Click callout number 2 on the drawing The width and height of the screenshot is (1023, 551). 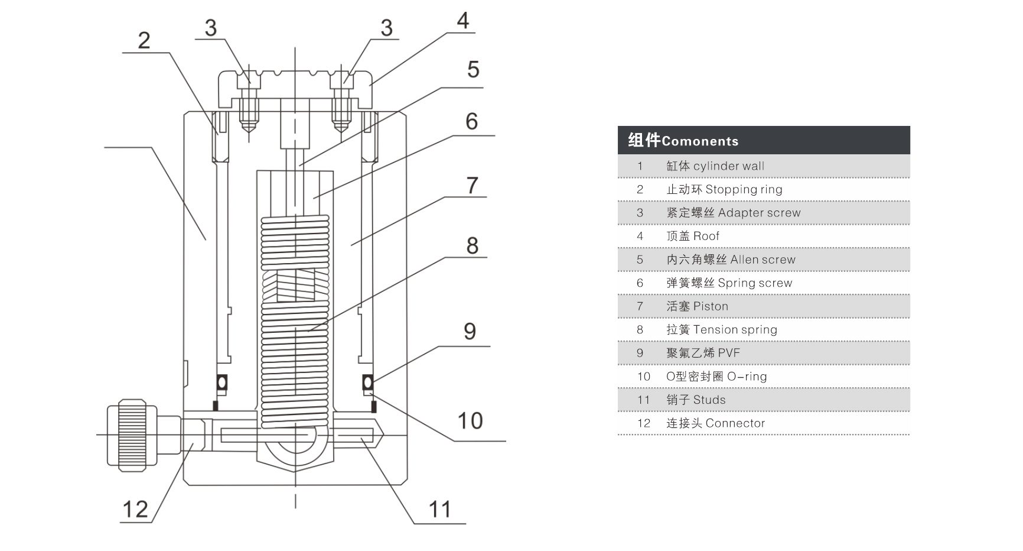144,41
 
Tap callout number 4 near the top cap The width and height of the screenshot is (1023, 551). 463,21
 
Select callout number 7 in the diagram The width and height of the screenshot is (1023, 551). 472,186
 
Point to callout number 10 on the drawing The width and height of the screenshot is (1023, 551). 470,421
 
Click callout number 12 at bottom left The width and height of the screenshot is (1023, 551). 135,510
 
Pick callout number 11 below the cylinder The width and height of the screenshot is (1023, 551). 439,510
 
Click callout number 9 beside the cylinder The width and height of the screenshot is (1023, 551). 470,332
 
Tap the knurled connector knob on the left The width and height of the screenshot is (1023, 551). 132,435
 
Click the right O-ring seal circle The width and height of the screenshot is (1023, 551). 367,383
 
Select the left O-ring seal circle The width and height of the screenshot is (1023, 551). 221,383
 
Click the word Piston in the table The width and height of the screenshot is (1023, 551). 711,306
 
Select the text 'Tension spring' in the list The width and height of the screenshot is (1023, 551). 735,330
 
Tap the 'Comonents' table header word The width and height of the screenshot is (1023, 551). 700,141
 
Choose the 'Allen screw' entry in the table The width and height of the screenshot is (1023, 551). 763,260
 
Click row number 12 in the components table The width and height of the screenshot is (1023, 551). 643,423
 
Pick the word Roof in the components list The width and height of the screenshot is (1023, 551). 706,236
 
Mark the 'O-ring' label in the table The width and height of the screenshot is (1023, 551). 747,377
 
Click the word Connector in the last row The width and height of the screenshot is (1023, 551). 735,423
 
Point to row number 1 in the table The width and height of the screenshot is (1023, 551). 640,166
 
